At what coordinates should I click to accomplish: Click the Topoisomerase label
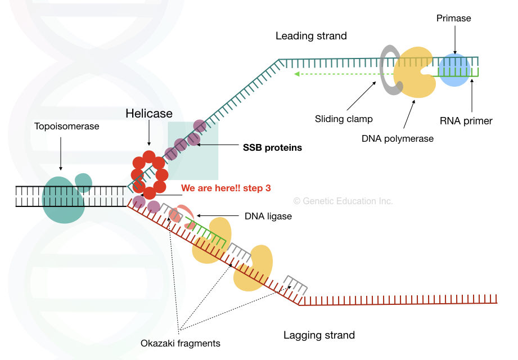point(66,127)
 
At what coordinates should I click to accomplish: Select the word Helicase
point(148,114)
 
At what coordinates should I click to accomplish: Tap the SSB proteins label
point(272,148)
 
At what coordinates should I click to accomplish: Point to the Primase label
point(453,19)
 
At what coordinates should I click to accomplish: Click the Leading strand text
point(311,36)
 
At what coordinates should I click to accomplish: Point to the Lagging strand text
point(319,335)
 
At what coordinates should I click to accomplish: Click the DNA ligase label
point(268,216)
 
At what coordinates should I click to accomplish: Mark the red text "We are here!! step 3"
point(226,188)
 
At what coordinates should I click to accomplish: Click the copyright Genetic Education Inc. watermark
point(343,201)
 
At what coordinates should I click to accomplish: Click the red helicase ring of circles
point(149,174)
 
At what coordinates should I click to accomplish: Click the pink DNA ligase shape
point(181,215)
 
